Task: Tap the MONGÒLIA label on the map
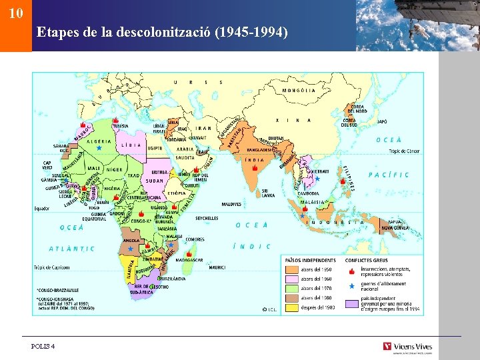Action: (x=298, y=90)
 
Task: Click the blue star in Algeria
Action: (x=99, y=147)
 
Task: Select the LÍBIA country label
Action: (x=130, y=145)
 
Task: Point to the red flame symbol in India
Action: (x=255, y=169)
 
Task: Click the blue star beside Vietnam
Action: (x=317, y=179)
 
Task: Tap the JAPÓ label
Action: (x=382, y=122)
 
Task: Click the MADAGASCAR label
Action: (x=189, y=261)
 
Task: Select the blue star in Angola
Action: (x=131, y=248)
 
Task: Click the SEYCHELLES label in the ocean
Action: (x=207, y=218)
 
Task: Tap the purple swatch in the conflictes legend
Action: (x=351, y=304)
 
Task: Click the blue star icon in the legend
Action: (x=351, y=286)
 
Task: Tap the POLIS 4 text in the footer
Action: (x=43, y=346)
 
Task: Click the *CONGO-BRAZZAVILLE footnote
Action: (x=58, y=290)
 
